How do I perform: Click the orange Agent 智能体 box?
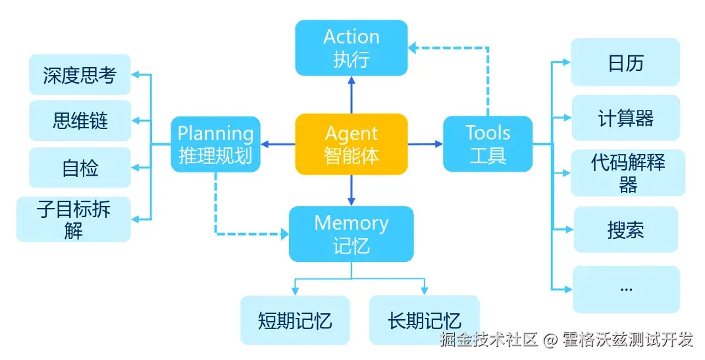(352, 144)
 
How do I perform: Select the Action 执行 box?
(352, 47)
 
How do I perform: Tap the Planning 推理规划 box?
(215, 144)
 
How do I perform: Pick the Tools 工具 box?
(488, 144)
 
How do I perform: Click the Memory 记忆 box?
(352, 234)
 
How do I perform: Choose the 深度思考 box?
(80, 75)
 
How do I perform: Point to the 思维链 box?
(80, 120)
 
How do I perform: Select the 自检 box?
(80, 168)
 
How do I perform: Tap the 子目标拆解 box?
(74, 219)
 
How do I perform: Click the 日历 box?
(625, 63)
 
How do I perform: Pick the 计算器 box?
(625, 118)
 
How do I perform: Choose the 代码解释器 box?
(627, 173)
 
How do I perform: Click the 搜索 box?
(625, 230)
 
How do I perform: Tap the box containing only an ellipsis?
(625, 289)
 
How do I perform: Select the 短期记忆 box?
(295, 321)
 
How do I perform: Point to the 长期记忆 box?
(424, 321)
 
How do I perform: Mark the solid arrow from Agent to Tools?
(425, 143)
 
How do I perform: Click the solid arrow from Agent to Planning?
(278, 144)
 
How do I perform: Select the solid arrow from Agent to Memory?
(352, 190)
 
